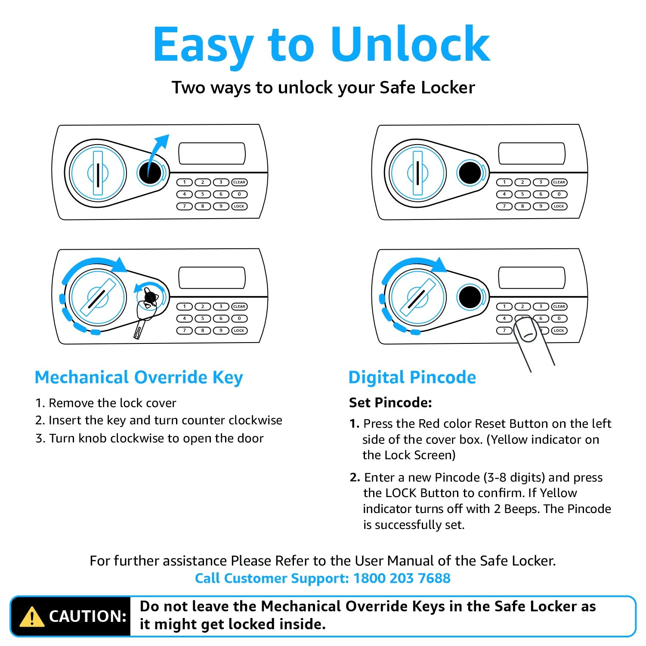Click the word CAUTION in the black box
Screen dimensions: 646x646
tap(87, 616)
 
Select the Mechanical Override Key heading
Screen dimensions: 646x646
tap(139, 377)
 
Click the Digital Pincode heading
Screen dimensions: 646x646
tap(412, 377)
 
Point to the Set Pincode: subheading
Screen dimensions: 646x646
tap(390, 402)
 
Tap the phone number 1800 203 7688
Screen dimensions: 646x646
tap(402, 578)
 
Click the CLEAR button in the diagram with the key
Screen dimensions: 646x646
tap(239, 306)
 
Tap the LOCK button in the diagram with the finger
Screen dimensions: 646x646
tap(559, 331)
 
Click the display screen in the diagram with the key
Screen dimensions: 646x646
tap(212, 278)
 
